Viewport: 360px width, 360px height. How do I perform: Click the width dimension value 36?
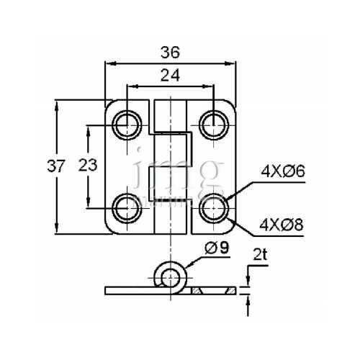click(x=170, y=52)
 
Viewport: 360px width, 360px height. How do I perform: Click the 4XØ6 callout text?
click(x=284, y=172)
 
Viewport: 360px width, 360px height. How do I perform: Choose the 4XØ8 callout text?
click(x=284, y=225)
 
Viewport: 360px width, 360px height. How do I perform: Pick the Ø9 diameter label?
click(x=217, y=248)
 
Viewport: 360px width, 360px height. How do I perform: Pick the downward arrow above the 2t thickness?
click(x=247, y=282)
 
